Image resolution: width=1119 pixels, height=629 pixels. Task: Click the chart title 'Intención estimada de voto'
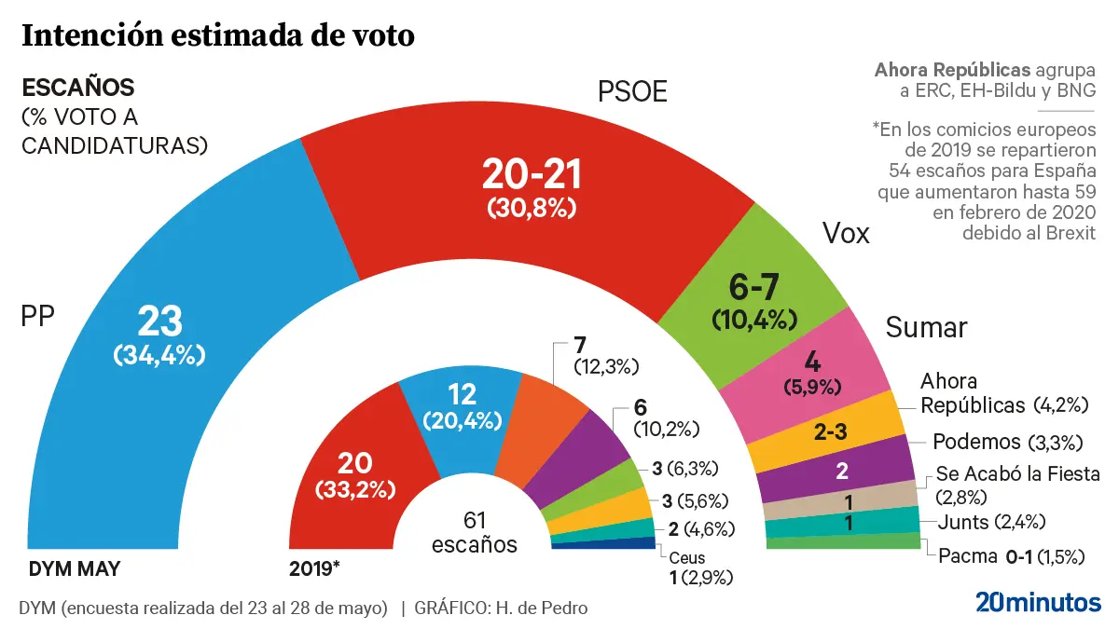click(217, 37)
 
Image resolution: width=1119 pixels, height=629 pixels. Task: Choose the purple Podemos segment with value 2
click(839, 472)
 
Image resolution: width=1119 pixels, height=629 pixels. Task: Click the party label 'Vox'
click(845, 234)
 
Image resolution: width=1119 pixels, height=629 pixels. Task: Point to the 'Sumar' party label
click(926, 328)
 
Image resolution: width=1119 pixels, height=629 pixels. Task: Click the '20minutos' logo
click(1038, 602)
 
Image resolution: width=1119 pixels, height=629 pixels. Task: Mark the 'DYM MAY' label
click(75, 567)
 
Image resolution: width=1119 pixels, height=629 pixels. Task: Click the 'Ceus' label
click(687, 558)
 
